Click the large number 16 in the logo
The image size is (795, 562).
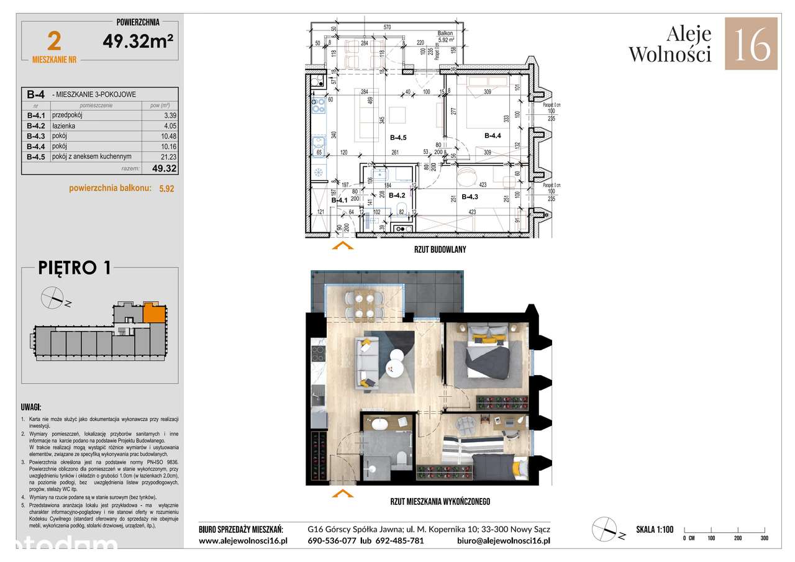pyautogui.click(x=751, y=43)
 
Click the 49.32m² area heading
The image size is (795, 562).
pyautogui.click(x=138, y=41)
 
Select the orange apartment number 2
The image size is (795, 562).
pyautogui.click(x=54, y=42)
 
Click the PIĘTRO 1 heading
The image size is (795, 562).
pyautogui.click(x=75, y=268)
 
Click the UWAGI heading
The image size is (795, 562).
pyautogui.click(x=32, y=408)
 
